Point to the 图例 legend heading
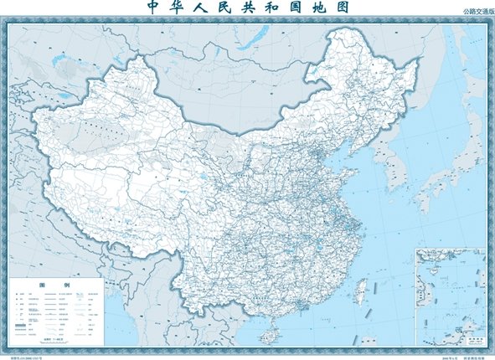coord(56,285)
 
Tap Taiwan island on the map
coord(362,292)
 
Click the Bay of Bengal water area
coord(126,335)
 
